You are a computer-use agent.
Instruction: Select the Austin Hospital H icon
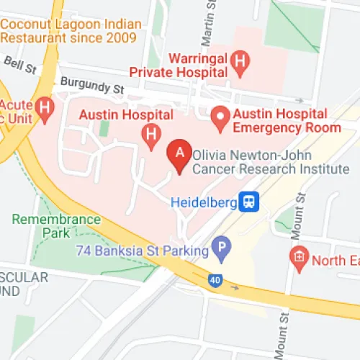coord(151,134)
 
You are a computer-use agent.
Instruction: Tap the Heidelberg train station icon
coord(250,202)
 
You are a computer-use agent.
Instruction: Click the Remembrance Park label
coord(56,225)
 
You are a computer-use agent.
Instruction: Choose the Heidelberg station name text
coord(204,202)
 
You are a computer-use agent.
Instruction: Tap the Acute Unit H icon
coord(46,109)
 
